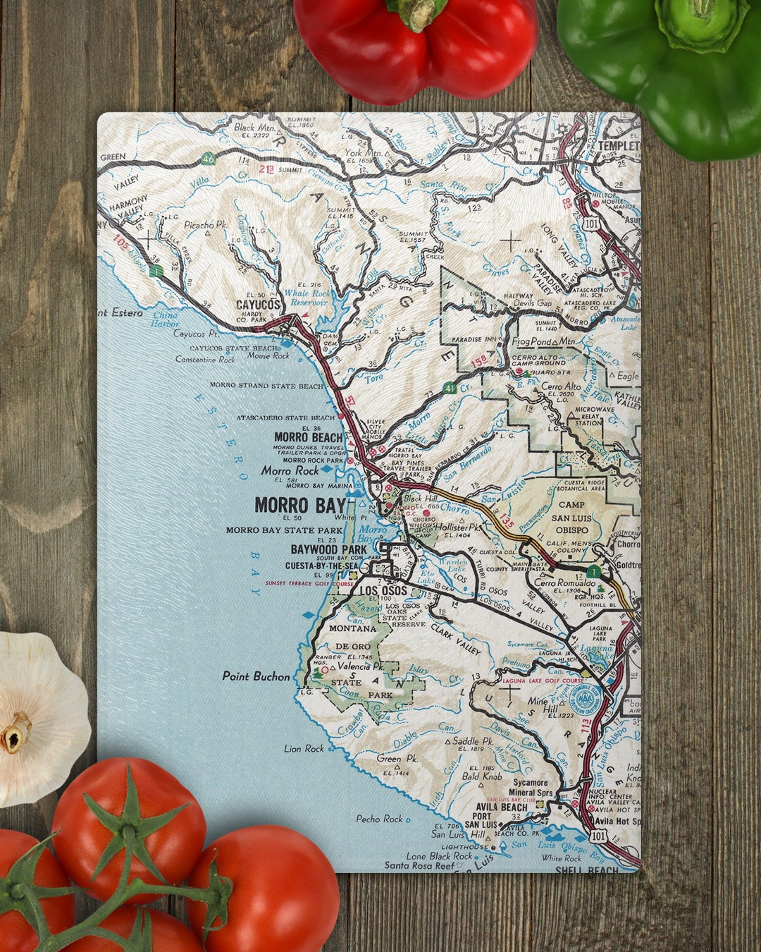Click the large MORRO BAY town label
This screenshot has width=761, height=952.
[x=300, y=505]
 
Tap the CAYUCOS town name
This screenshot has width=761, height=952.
[x=259, y=305]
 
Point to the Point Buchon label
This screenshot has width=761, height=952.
[x=256, y=676]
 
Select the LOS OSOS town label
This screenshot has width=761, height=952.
[x=383, y=591]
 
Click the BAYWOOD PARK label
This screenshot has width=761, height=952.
[x=329, y=549]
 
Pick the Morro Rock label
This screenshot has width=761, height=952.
[x=290, y=470]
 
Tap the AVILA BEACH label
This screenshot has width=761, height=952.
[x=501, y=807]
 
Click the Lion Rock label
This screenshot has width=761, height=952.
[x=304, y=748]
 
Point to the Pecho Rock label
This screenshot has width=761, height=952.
[x=379, y=819]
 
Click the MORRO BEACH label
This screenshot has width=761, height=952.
[x=309, y=437]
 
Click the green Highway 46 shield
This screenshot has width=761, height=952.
[x=207, y=159]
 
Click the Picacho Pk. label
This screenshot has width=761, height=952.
[x=205, y=225]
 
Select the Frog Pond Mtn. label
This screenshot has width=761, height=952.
[x=544, y=341]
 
